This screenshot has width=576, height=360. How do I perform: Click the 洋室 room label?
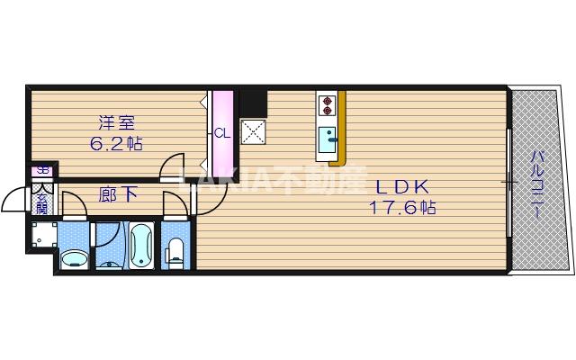118,123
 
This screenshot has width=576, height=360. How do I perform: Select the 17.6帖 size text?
402,208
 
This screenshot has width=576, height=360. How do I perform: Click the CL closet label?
221,134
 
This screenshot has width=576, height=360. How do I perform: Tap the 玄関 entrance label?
41,200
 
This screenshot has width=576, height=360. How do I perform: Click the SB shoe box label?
40,170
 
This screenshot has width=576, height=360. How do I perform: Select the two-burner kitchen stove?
327,104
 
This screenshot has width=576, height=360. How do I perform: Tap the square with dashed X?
254,132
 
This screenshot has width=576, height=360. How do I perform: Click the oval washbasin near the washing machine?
75,259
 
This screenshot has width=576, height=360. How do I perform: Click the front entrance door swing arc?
13,200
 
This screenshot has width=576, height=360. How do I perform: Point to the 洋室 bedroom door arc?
171,168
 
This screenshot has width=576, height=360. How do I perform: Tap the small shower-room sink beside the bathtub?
109,263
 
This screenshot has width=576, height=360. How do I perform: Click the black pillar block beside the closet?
253,102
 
